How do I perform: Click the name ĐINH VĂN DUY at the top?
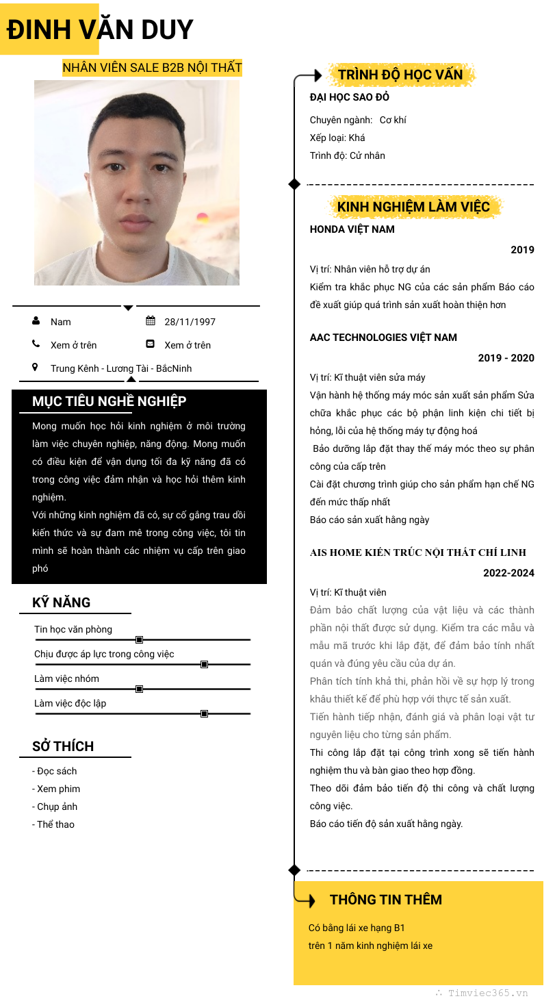point(100,30)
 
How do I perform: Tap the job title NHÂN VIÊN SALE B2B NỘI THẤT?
point(152,68)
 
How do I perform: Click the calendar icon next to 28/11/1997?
point(151,321)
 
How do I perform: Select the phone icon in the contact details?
point(36,344)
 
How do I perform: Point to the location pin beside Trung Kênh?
point(36,368)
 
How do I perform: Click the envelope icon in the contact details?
point(151,344)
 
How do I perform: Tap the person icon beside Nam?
point(36,321)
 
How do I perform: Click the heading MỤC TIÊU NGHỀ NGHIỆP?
point(109,401)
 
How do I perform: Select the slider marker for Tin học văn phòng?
point(139,639)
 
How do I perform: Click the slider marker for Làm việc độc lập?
point(204,713)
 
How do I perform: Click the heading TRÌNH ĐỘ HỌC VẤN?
point(400,75)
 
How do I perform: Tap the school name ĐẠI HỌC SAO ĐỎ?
point(349,97)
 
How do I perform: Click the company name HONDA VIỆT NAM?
point(352,229)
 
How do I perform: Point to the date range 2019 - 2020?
point(506,358)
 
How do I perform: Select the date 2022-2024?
point(508,573)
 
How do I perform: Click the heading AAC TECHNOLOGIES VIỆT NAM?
point(383,338)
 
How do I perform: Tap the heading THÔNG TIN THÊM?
point(385,900)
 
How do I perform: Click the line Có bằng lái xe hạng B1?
point(357,928)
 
